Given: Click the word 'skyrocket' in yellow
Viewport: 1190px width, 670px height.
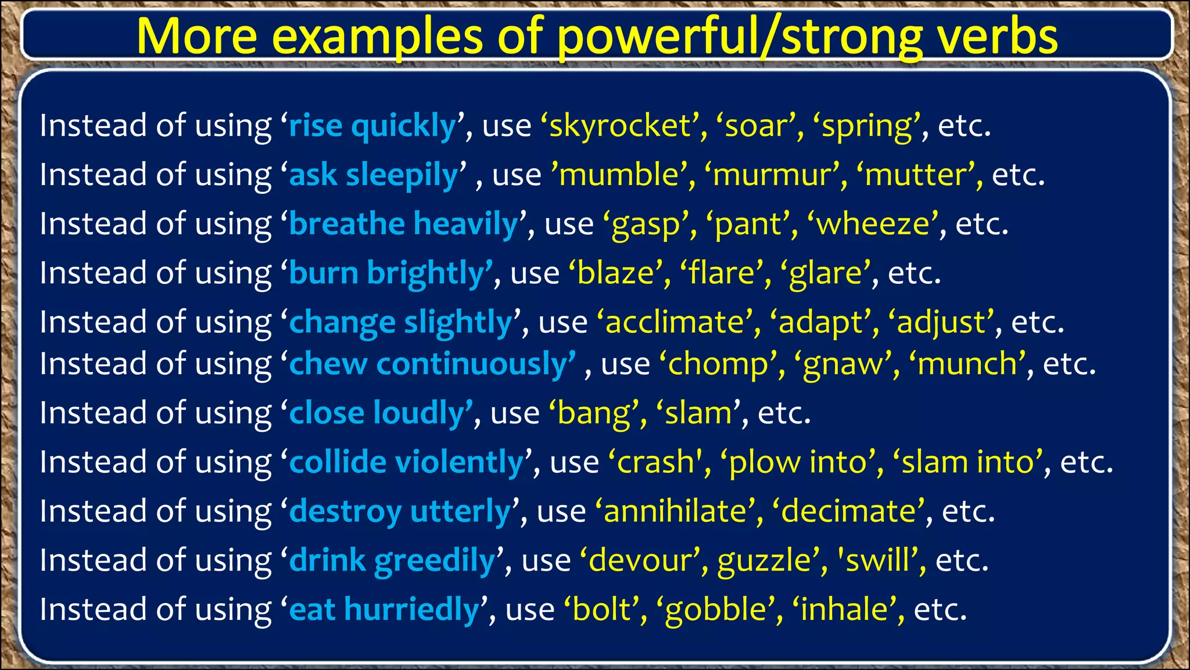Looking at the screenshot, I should coord(619,126).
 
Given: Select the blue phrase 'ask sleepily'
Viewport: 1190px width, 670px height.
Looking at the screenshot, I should coord(373,175).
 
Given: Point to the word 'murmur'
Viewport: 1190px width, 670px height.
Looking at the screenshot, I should coord(772,175).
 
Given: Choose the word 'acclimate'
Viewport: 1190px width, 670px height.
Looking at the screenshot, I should coord(674,322).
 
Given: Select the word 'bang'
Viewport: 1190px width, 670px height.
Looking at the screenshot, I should coord(593,414).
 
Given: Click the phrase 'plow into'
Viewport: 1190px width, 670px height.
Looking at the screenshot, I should coord(802,462).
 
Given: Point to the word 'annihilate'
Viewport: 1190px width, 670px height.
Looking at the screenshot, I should coord(675,512).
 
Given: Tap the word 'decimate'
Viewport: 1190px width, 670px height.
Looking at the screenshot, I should coord(848,512).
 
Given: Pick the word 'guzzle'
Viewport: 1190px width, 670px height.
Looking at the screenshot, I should coord(764,561).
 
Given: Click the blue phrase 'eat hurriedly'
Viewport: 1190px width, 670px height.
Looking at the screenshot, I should coord(383,610).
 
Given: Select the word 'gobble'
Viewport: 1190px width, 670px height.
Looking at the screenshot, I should coord(716,610).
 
